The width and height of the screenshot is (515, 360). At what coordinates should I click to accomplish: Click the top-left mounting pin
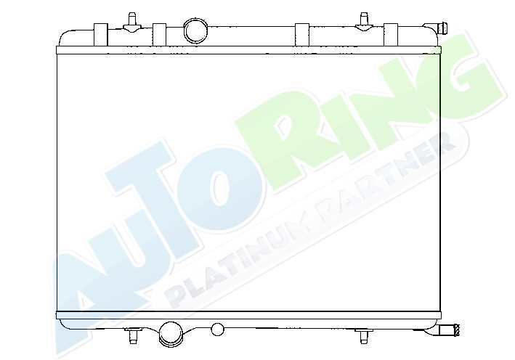(131, 23)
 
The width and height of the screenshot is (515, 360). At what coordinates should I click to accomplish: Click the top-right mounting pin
(364, 22)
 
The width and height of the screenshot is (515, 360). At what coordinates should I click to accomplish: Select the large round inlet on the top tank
(195, 31)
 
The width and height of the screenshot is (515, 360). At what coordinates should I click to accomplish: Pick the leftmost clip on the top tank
(101, 34)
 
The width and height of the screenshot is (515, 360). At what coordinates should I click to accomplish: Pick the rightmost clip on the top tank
(391, 34)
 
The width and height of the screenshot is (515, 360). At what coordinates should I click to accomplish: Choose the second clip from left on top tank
(159, 34)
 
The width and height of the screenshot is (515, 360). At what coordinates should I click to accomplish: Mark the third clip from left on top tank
(302, 34)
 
